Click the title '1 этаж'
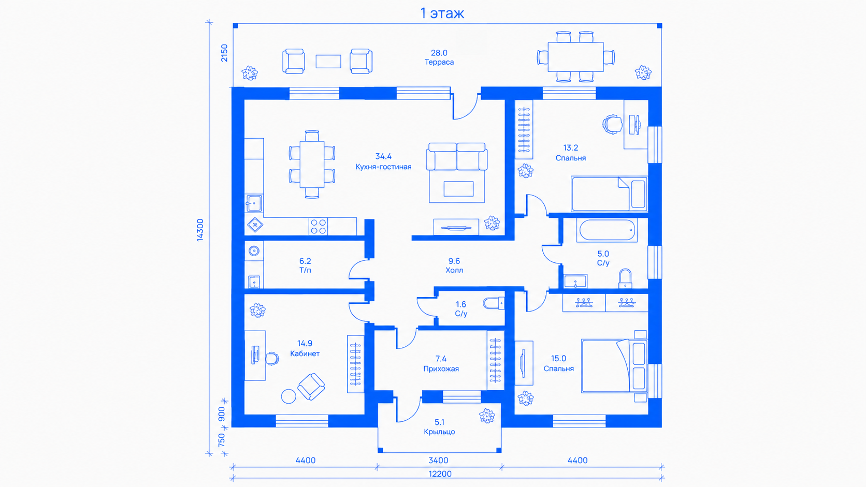442,13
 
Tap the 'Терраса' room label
439,62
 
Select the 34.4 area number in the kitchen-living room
383,156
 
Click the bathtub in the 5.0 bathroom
607,230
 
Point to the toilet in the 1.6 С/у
494,303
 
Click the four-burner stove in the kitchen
318,226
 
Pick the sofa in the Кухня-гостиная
457,157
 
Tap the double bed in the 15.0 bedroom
614,366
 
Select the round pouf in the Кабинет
288,396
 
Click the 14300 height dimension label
200,230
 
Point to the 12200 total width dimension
440,474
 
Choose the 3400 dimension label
438,461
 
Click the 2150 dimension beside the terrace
224,53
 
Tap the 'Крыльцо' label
439,432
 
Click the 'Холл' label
454,270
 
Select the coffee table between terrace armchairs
328,62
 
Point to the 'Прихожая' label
441,369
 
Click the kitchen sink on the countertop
254,203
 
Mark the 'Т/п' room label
305,270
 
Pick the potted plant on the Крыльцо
487,416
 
